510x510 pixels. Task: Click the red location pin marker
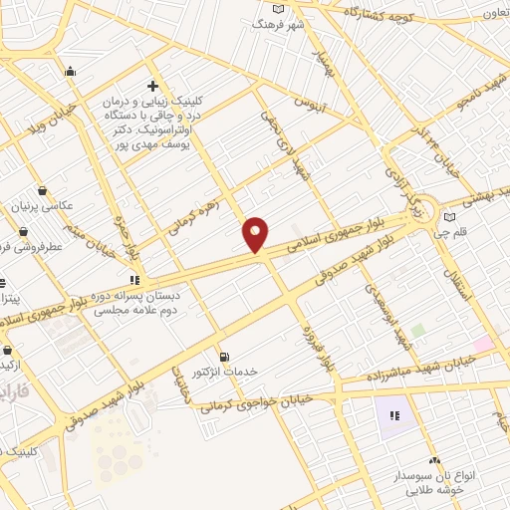point(256,235)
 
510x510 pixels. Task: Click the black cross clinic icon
point(151,86)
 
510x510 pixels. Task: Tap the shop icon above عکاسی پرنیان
point(42,190)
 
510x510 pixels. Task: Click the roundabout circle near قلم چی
point(422,206)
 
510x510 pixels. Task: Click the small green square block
point(418,330)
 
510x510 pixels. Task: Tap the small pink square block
point(483,344)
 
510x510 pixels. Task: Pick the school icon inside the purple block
point(395,415)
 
